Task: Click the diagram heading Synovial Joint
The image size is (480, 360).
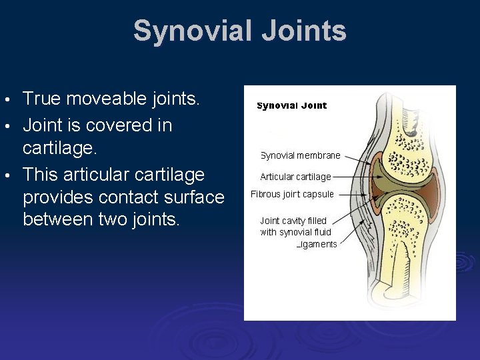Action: click(292, 106)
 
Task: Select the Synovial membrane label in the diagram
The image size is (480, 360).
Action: click(300, 155)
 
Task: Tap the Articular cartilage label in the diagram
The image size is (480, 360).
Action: click(295, 177)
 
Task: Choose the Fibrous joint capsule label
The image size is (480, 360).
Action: click(292, 194)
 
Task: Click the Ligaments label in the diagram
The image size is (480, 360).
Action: click(317, 244)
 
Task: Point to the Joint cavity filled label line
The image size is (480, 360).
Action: click(293, 221)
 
